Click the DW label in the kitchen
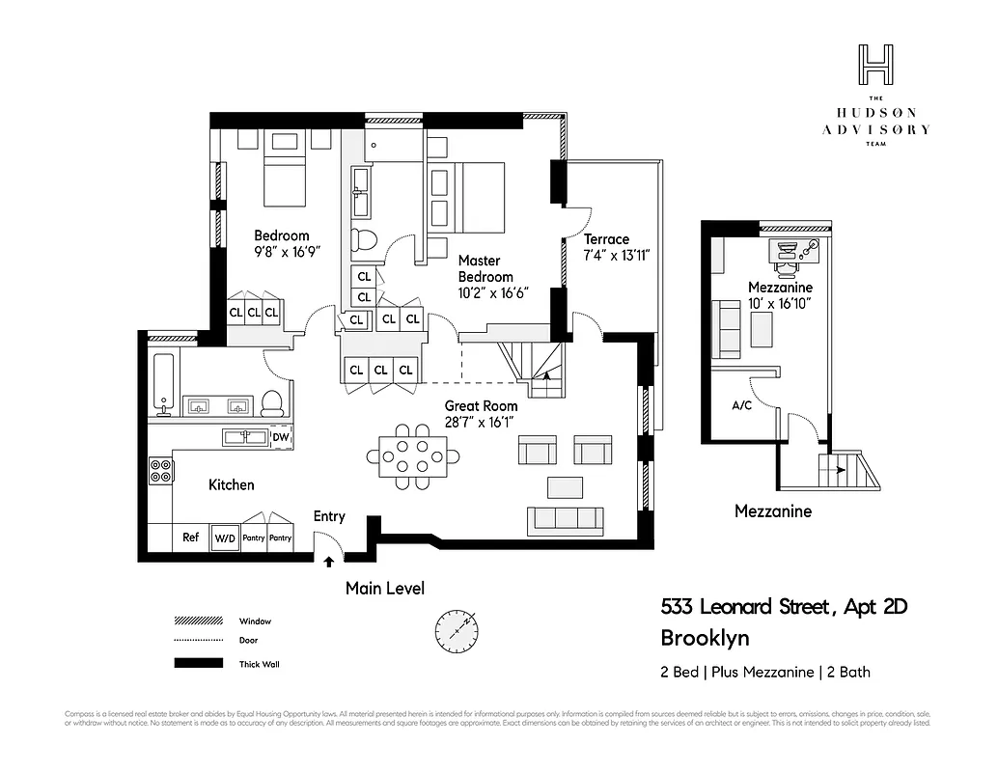(x=280, y=437)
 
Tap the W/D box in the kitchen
(x=225, y=538)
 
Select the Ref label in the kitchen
(x=191, y=537)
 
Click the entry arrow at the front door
(x=329, y=559)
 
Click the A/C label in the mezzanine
(x=742, y=406)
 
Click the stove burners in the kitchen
(x=161, y=471)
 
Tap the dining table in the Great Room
(x=413, y=451)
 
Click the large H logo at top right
(x=875, y=67)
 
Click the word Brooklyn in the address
(x=705, y=638)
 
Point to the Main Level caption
(x=384, y=588)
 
